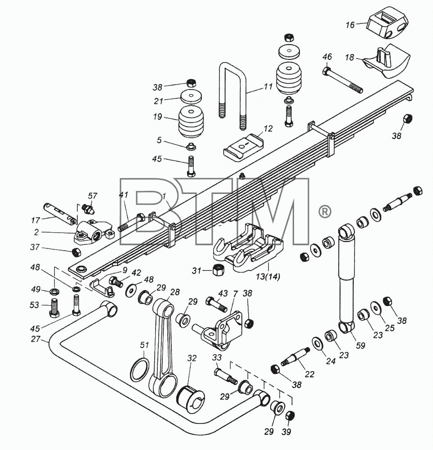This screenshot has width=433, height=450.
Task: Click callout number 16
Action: pos(350,25)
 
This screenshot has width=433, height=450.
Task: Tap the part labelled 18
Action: pos(387,61)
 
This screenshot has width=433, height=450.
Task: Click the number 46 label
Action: pos(327,57)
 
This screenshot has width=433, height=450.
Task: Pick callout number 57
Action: pos(92,196)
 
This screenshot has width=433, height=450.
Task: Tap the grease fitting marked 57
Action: pos(88,209)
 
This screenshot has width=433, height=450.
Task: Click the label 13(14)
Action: pos(268,277)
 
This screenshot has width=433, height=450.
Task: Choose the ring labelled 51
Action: pos(140,370)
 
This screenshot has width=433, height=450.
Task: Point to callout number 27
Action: pos(36,339)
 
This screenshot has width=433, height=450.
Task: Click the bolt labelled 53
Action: pos(54,307)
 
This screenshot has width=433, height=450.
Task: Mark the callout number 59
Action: pos(361,345)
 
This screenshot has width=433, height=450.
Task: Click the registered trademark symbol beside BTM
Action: pos(325,211)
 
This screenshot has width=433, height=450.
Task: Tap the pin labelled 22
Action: pos(296,356)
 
